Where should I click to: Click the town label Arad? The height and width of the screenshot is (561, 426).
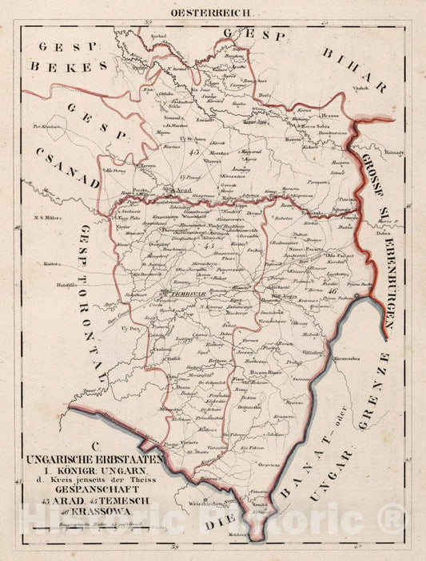182,191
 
